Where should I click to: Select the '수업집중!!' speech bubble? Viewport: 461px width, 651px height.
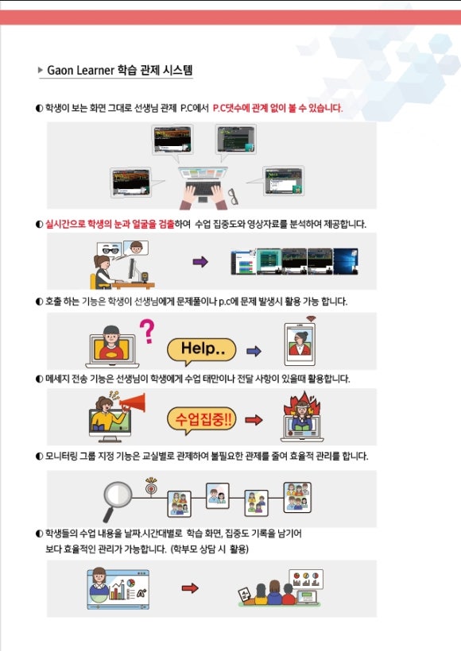202,420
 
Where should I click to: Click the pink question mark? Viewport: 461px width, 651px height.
147,331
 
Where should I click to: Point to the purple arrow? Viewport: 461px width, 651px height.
200,261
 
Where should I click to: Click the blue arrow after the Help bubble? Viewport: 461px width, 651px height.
254,351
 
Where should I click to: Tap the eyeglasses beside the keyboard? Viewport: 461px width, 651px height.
234,196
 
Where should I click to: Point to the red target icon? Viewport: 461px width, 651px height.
151,487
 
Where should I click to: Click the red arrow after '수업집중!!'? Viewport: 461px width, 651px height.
254,420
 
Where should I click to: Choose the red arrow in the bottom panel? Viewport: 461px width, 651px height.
190,588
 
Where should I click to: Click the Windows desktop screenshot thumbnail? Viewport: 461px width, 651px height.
346,261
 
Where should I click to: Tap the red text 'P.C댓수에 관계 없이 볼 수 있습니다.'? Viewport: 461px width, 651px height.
277,108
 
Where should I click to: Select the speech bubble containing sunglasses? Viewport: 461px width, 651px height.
110,250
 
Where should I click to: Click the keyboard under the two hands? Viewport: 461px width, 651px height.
203,187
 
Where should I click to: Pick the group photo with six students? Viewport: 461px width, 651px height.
297,498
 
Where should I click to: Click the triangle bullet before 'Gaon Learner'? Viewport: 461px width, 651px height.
41,70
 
